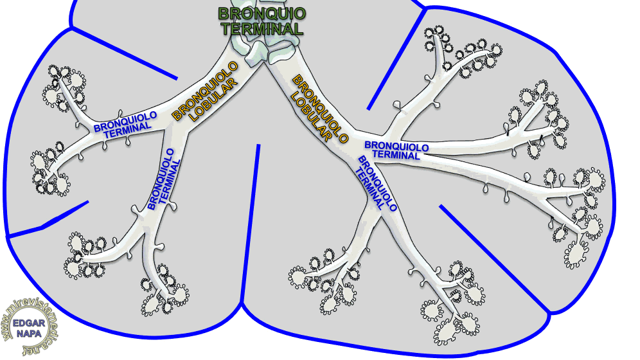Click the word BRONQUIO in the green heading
click(x=262, y=14)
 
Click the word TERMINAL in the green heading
click(x=262, y=29)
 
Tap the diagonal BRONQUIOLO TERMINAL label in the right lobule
click(x=376, y=184)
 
